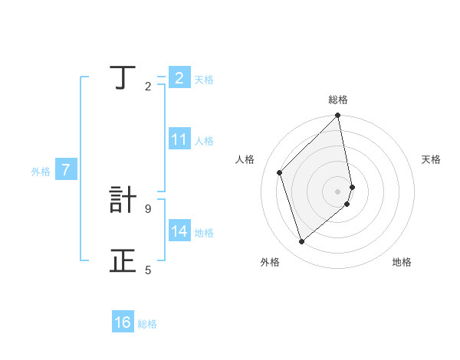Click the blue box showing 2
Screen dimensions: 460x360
pyautogui.click(x=179, y=77)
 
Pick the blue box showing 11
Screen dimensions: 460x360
pyautogui.click(x=179, y=139)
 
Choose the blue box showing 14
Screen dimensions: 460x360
pyautogui.click(x=179, y=231)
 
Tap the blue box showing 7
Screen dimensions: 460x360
pyautogui.click(x=66, y=170)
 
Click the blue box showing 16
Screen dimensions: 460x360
pyautogui.click(x=123, y=322)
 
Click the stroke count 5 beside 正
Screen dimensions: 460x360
pyautogui.click(x=148, y=270)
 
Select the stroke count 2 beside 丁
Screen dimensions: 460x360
pyautogui.click(x=148, y=86)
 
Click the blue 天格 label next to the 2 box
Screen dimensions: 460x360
pyautogui.click(x=204, y=79)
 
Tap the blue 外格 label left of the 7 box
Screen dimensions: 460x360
pyautogui.click(x=41, y=172)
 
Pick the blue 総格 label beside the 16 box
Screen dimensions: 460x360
pyautogui.click(x=147, y=324)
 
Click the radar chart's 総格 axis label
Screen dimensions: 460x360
pyautogui.click(x=338, y=100)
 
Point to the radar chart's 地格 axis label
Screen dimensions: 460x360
pyautogui.click(x=402, y=262)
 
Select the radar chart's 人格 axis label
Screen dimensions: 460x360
pyautogui.click(x=245, y=159)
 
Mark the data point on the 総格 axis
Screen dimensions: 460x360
pyautogui.click(x=338, y=116)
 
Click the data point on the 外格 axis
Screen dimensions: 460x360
pyautogui.click(x=301, y=242)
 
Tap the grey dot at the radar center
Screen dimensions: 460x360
pyautogui.click(x=338, y=191)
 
